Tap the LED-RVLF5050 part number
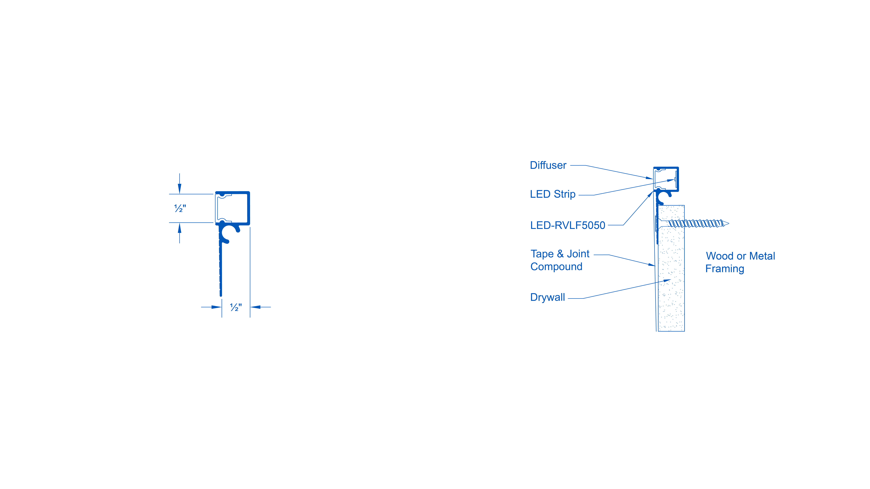tap(567, 225)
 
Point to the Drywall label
tap(547, 297)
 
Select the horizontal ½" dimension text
tap(236, 307)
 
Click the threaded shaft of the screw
tap(696, 223)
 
